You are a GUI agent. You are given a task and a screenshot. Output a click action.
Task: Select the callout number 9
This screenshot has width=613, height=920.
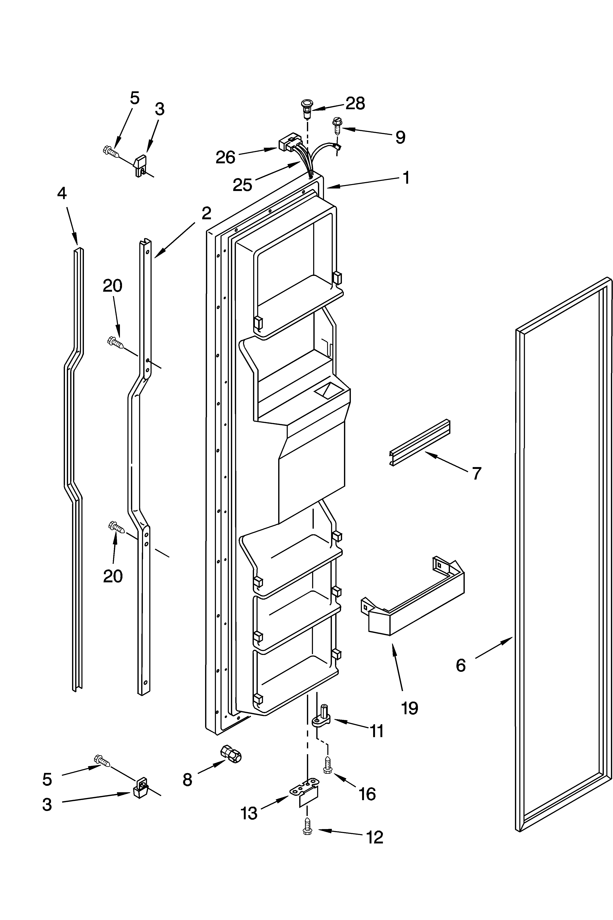point(400,137)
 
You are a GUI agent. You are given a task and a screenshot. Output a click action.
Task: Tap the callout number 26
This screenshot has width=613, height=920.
point(226,157)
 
